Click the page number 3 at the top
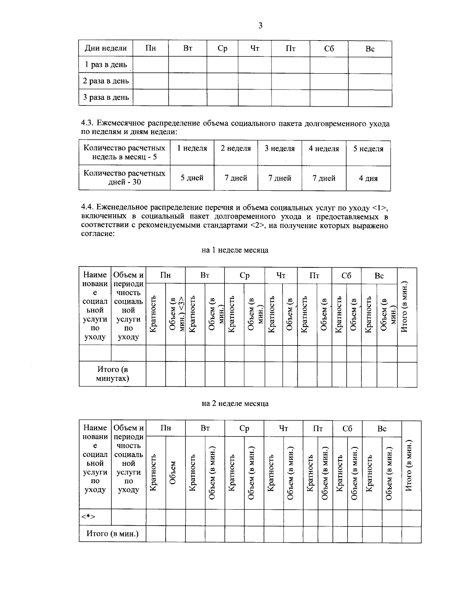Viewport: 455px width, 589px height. pyautogui.click(x=260, y=26)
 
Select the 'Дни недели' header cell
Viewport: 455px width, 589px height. pyautogui.click(x=105, y=49)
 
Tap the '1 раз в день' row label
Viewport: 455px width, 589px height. pyautogui.click(x=105, y=64)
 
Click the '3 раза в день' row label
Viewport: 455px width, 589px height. pyautogui.click(x=106, y=97)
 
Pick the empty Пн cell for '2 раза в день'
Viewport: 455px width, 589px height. pyautogui.click(x=151, y=81)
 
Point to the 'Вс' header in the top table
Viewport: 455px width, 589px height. pyautogui.click(x=370, y=49)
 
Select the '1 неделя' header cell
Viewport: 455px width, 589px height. pyautogui.click(x=192, y=149)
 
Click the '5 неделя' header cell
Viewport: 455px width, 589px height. pyautogui.click(x=368, y=149)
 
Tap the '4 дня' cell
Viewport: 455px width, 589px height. pyautogui.click(x=368, y=178)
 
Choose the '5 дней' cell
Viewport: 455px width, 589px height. pyautogui.click(x=192, y=178)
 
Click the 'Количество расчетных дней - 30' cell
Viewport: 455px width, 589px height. pyautogui.click(x=124, y=177)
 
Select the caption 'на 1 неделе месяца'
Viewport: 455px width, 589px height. pyautogui.click(x=235, y=250)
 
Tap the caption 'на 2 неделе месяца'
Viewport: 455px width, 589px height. pyautogui.click(x=235, y=403)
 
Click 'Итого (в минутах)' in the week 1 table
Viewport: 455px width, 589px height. pyautogui.click(x=112, y=374)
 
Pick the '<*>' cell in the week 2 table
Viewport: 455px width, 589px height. pyautogui.click(x=88, y=517)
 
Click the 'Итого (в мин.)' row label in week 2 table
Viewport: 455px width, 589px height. pyautogui.click(x=112, y=534)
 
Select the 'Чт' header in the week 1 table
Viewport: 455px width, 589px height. pyautogui.click(x=281, y=276)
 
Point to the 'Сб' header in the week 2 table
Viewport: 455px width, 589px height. pyautogui.click(x=347, y=429)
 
